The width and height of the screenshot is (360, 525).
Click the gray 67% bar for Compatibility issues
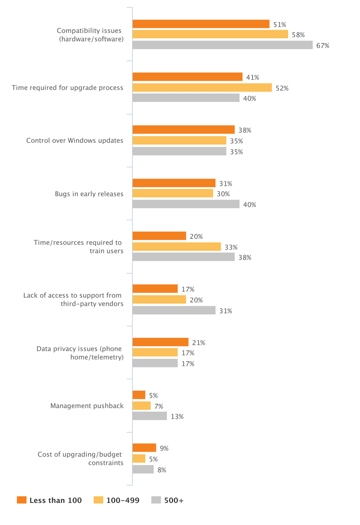click(x=222, y=45)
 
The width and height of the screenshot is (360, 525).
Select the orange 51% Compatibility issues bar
click(x=201, y=24)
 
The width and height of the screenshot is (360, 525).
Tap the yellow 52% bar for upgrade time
click(x=202, y=88)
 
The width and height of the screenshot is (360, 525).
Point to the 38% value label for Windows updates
click(x=245, y=130)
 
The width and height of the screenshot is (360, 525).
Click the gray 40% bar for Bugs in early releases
click(x=186, y=204)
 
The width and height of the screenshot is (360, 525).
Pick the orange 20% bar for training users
click(x=159, y=236)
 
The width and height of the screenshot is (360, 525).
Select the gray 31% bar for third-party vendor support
click(x=174, y=310)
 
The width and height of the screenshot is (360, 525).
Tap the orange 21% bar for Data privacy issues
click(x=160, y=342)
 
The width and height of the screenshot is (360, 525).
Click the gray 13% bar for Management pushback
click(x=150, y=416)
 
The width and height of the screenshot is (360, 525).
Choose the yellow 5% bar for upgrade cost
click(x=139, y=459)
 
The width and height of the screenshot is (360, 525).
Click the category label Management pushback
click(x=87, y=406)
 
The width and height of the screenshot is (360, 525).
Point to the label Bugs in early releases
click(x=89, y=194)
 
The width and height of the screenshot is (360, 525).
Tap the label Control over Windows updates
click(x=75, y=140)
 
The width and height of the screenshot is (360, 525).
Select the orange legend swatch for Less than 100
click(x=22, y=500)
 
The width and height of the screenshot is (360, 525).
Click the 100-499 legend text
click(x=123, y=500)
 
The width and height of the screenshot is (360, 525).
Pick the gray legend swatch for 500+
click(x=156, y=500)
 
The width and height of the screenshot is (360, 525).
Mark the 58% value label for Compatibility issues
click(x=298, y=35)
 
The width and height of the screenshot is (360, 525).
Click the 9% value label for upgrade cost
click(x=164, y=448)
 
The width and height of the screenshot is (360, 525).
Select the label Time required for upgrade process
click(x=68, y=88)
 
